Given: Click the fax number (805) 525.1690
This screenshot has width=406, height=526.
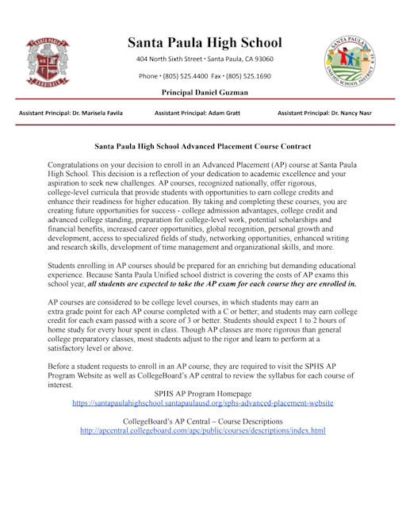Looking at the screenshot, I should pyautogui.click(x=247, y=76).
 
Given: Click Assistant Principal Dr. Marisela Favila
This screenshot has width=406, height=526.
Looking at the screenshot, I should pyautogui.click(x=71, y=114).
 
